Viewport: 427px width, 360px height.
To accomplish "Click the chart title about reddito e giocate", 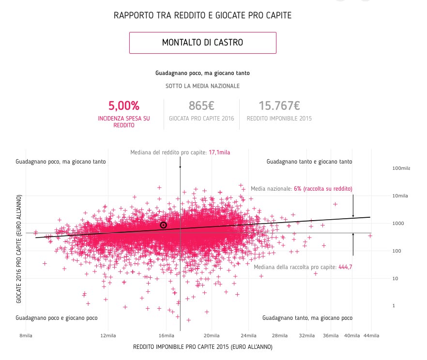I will coord(202,15).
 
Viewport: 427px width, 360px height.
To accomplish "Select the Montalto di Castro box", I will coord(202,43).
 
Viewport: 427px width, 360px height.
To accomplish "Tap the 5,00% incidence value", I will coord(124,105).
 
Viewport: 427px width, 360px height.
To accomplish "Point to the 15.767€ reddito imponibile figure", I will coord(279,105).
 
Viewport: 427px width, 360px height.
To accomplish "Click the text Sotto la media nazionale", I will coord(202,86).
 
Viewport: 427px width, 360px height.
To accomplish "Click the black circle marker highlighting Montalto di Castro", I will coord(164,225).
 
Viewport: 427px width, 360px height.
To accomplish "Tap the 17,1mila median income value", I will coord(219,152).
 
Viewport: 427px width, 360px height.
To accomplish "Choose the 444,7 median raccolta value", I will coord(343,267).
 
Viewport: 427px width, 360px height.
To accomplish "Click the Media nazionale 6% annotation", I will coord(301,188).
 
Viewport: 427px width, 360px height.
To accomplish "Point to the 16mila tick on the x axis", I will coord(166,336).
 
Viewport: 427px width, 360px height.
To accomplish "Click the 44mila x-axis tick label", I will coord(371,336).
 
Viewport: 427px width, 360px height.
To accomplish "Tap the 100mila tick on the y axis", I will coord(400,168).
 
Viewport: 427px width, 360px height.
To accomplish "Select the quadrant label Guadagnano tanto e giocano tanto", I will coord(309,162).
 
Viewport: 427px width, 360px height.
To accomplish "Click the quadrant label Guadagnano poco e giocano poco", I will coord(57,318).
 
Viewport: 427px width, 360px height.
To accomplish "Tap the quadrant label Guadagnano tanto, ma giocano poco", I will coord(307,318).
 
